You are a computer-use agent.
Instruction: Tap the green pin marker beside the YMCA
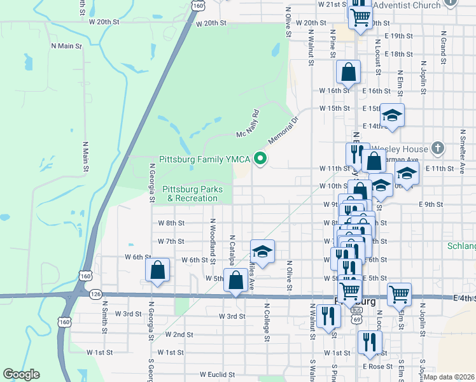pos(260,159)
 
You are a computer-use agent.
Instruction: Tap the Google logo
pos(21,374)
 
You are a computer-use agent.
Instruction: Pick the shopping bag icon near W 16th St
pos(349,73)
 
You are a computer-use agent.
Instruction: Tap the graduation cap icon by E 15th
pos(392,116)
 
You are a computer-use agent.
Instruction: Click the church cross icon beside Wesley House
pos(437,148)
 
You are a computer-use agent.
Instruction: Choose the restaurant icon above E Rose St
pos(368,343)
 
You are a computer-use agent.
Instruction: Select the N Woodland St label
pos(212,238)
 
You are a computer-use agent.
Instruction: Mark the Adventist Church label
pos(407,5)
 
